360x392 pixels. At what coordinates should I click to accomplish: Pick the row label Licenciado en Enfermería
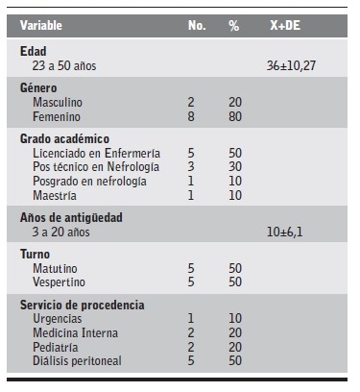tap(96, 153)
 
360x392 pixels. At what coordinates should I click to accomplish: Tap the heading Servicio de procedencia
tap(82, 305)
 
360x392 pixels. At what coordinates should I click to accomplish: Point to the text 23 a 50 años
tap(65, 66)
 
